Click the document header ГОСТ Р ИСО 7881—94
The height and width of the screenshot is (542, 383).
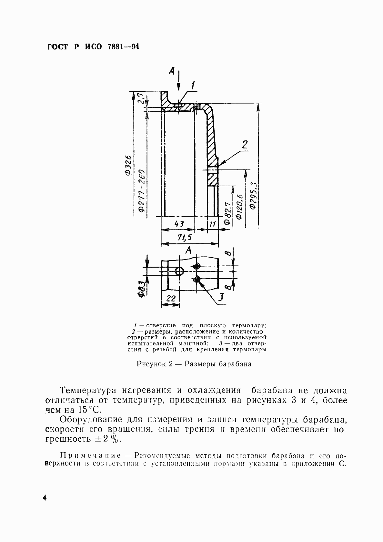pyautogui.click(x=93, y=47)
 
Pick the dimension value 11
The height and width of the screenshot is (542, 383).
pyautogui.click(x=213, y=224)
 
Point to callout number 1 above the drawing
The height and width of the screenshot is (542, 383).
pyautogui.click(x=193, y=85)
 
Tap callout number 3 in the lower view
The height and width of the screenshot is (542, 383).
pyautogui.click(x=220, y=296)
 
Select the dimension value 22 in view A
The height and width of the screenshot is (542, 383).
pyautogui.click(x=171, y=299)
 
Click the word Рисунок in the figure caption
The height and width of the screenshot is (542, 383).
pyautogui.click(x=151, y=364)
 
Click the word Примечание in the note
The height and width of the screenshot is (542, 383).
pyautogui.click(x=91, y=456)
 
